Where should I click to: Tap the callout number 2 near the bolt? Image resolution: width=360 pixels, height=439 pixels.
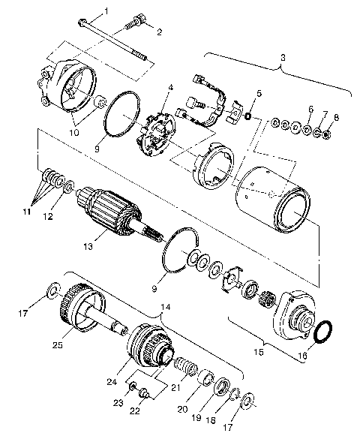pos(159,31)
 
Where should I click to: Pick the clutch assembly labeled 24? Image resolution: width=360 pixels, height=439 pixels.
pos(147,344)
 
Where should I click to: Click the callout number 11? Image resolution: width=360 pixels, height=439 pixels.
pos(26,212)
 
